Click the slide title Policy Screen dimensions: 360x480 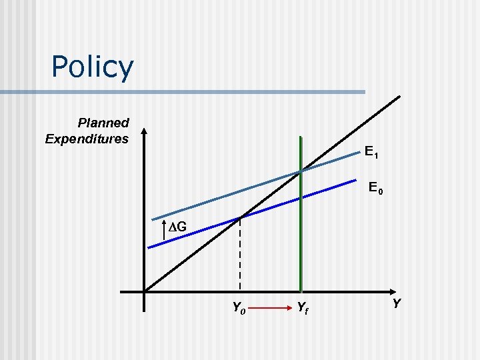pos(92,67)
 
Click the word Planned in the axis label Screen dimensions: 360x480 pos(103,123)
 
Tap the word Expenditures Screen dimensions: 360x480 pos(87,139)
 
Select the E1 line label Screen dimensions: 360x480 pos(371,153)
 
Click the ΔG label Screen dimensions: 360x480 pos(181,229)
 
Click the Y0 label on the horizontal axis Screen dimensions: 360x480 pos(238,307)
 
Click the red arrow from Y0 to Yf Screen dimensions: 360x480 pos(270,308)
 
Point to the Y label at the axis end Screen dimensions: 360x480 pos(396,303)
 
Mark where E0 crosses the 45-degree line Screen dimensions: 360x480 pos(240,217)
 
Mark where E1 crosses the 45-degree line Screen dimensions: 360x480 pos(301,171)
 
